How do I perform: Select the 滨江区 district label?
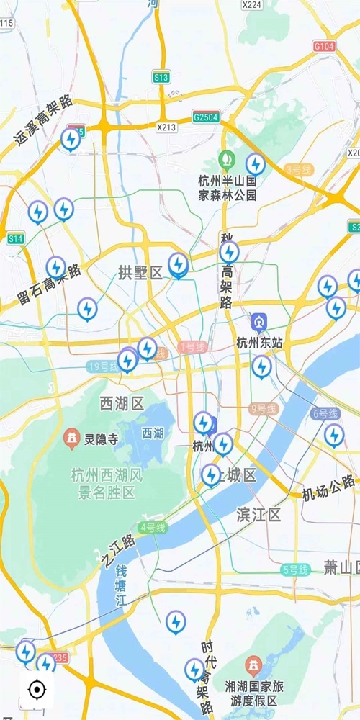click(x=258, y=514)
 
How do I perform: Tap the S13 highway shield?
click(x=161, y=77)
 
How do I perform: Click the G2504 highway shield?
click(x=205, y=117)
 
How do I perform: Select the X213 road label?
click(x=166, y=127)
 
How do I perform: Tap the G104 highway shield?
click(x=324, y=45)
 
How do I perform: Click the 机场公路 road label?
click(x=328, y=487)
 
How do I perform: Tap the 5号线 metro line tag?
click(x=295, y=570)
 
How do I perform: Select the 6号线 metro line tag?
click(x=325, y=413)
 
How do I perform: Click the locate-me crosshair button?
click(x=35, y=690)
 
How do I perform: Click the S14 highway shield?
click(x=15, y=238)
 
